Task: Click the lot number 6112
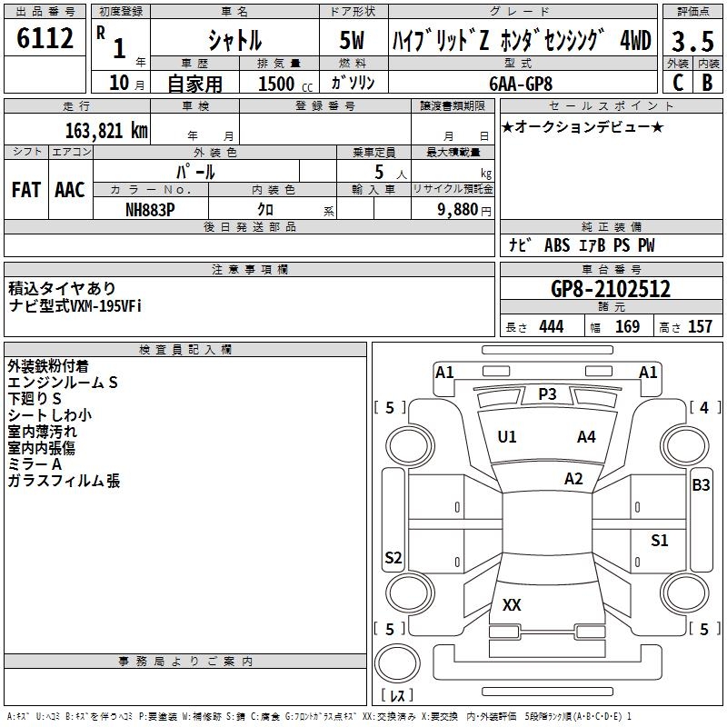pos(45,39)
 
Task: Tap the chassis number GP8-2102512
pos(611,290)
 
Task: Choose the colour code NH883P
pos(150,209)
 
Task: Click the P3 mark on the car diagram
pos(547,393)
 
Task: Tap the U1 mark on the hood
pos(507,437)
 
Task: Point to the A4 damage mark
pos(586,437)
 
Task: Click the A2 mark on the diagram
pos(573,479)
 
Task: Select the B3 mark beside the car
pos(701,485)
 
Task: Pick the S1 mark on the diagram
pos(659,541)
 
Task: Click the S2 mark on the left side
pos(393,558)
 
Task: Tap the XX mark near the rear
pos(512,604)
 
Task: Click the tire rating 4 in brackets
pos(703,408)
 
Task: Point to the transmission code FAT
pos(26,190)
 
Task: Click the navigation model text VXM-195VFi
pos(100,305)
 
